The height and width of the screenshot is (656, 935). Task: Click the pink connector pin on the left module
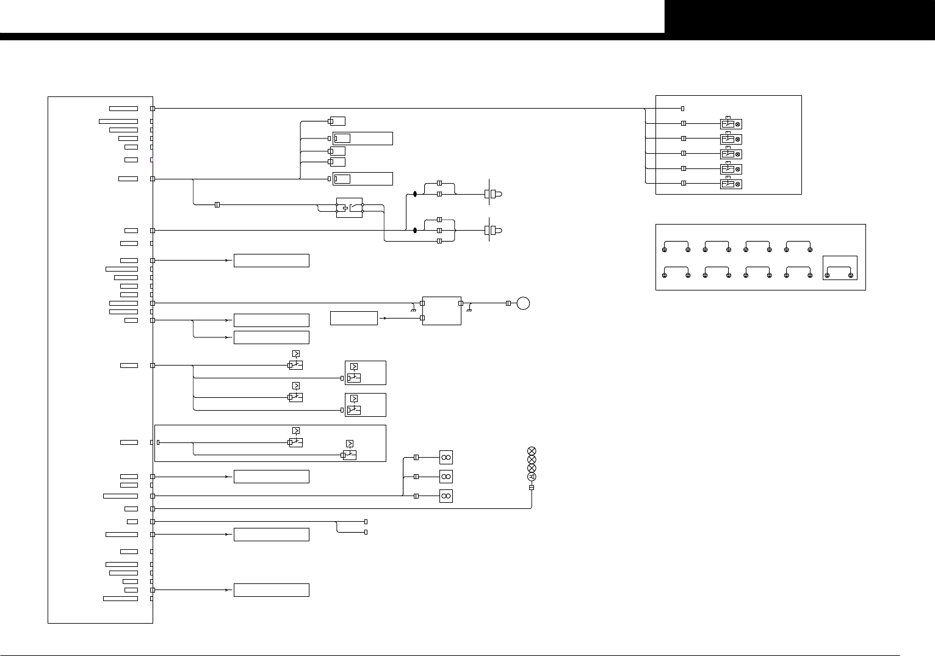tap(152, 160)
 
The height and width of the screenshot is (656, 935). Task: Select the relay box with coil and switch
tap(350, 207)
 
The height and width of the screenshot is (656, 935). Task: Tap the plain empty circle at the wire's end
tap(523, 303)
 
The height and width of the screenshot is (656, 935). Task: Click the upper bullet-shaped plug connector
tap(494, 194)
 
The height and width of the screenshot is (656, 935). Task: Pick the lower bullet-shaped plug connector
tap(494, 230)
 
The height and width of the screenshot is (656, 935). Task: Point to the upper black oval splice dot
tap(415, 194)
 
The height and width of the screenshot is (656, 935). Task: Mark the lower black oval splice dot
tap(415, 230)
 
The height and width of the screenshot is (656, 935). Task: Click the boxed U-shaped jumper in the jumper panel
tap(840, 269)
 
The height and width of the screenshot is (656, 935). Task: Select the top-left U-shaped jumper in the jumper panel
tap(676, 245)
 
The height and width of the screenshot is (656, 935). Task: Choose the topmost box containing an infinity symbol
tap(446, 458)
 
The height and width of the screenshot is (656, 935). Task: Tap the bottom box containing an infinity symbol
tap(446, 496)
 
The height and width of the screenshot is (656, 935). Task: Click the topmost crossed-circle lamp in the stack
tap(531, 451)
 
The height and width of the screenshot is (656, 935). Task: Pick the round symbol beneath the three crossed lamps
tap(531, 477)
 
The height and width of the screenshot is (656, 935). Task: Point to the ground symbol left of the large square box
tap(414, 310)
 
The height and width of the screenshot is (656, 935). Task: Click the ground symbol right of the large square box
tap(469, 310)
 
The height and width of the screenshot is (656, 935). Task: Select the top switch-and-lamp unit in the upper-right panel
tap(731, 124)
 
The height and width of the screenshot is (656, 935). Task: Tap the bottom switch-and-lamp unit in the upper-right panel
tap(731, 184)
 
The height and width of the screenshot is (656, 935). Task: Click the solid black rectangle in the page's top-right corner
tap(800, 16)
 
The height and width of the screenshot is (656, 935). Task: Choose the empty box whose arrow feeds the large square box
tap(354, 318)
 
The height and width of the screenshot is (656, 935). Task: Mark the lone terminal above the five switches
tap(682, 109)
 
